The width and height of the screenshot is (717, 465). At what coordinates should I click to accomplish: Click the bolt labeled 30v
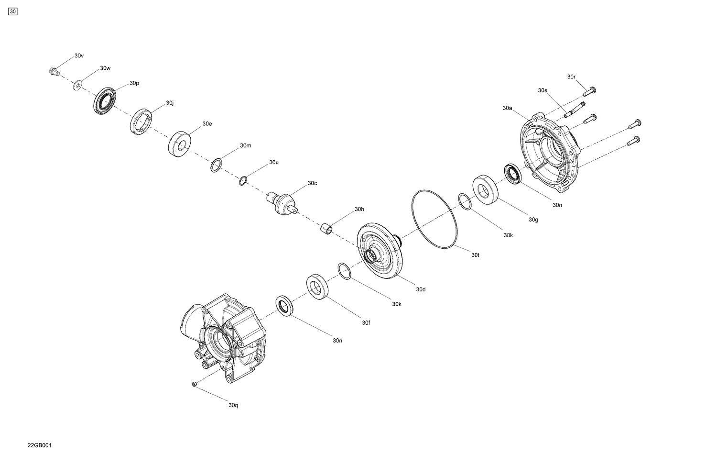pos(53,72)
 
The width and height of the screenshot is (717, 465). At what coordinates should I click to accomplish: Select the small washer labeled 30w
pos(77,85)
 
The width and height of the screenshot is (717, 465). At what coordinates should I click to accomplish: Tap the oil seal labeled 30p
pos(104,101)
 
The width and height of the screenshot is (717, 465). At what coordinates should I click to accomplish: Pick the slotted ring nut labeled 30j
pos(141,122)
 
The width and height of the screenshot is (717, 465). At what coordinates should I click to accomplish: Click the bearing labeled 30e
pos(180,142)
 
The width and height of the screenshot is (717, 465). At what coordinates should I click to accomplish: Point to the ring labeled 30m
pos(216,166)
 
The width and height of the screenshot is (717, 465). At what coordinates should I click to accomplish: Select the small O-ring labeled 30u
pos(243,181)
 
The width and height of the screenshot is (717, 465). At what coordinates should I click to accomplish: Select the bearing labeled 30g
pos(486,190)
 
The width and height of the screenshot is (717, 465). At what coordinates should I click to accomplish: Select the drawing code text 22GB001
pos(39,445)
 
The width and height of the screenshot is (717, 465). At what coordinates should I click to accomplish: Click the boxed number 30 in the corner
pos(13,11)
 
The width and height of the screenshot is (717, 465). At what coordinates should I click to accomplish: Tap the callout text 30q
pos(233,405)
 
